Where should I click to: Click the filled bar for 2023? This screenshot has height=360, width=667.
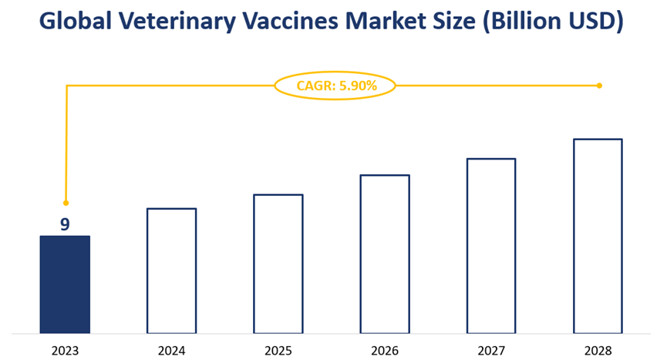tap(65, 284)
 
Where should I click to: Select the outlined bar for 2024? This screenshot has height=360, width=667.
tap(171, 271)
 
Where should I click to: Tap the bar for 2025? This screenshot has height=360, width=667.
tap(278, 264)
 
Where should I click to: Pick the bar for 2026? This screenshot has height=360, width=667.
tap(385, 254)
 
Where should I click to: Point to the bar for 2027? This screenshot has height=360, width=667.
tap(491, 246)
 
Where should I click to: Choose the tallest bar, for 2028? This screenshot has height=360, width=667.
tap(598, 236)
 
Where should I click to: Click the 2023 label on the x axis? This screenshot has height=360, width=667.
tap(65, 351)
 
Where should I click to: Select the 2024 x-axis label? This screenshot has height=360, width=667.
tap(171, 351)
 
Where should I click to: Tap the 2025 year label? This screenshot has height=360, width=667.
tap(278, 351)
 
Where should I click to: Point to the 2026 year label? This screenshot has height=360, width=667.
tap(385, 351)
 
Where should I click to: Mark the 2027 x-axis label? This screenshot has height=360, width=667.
tap(491, 351)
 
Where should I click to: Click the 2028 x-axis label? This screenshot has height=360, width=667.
tap(598, 351)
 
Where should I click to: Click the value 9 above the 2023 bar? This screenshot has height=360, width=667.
tap(65, 225)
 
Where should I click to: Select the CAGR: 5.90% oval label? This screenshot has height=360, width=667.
tap(335, 86)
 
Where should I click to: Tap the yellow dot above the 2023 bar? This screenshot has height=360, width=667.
tap(66, 203)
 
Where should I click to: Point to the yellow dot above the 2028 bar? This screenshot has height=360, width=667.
tap(599, 86)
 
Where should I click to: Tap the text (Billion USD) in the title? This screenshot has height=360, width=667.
tap(551, 22)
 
